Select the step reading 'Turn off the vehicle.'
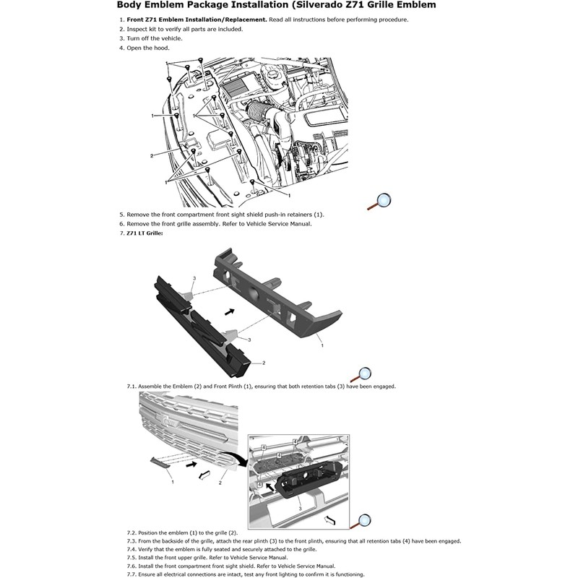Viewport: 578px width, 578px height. pos(155,38)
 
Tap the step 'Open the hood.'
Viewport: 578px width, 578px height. pos(148,48)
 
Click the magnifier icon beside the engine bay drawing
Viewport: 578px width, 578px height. pos(380,202)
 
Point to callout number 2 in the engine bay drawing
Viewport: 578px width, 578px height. pos(152,156)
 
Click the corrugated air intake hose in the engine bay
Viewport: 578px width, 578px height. pos(256,111)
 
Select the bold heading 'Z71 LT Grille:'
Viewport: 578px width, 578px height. pos(144,233)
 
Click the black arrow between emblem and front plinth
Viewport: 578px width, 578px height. pos(230,312)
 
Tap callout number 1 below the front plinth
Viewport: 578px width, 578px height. pos(322,345)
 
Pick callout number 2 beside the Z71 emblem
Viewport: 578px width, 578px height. pos(264,363)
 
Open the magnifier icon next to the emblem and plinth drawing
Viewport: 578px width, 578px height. pos(361,375)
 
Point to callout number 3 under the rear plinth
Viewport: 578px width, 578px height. pos(300,509)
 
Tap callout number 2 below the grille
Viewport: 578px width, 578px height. pos(220,483)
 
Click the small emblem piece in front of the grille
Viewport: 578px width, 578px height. pos(159,462)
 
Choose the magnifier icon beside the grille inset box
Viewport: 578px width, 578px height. pos(361,522)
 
